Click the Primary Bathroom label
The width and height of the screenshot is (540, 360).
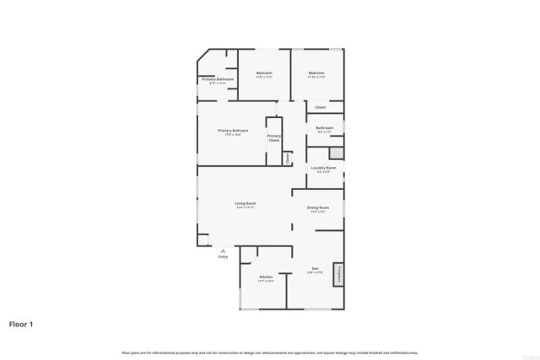pyautogui.click(x=218, y=79)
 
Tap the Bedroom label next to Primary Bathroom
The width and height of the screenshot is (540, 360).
pyautogui.click(x=263, y=73)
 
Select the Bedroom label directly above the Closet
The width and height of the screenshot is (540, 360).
pyautogui.click(x=316, y=73)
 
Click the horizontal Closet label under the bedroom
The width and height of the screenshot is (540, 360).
pyautogui.click(x=321, y=107)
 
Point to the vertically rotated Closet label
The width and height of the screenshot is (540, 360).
pyautogui.click(x=287, y=157)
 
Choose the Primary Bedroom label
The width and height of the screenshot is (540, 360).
pyautogui.click(x=233, y=131)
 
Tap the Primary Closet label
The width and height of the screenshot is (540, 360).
pyautogui.click(x=274, y=137)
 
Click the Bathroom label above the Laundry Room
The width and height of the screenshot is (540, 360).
pyautogui.click(x=325, y=128)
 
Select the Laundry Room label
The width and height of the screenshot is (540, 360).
pyautogui.click(x=324, y=168)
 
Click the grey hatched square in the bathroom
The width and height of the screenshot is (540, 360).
pyautogui.click(x=337, y=153)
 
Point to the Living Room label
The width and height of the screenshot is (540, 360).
pyautogui.click(x=246, y=203)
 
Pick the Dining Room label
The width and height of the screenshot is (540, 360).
pyautogui.click(x=318, y=207)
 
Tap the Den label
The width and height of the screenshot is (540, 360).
pyautogui.click(x=315, y=269)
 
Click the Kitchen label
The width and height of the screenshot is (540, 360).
pyautogui.click(x=266, y=276)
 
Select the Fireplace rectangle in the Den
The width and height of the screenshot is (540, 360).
pyautogui.click(x=339, y=273)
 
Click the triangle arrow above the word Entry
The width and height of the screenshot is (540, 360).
pyautogui.click(x=223, y=250)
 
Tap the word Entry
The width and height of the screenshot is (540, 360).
pyautogui.click(x=223, y=256)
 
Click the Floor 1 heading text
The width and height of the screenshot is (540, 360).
pyautogui.click(x=21, y=324)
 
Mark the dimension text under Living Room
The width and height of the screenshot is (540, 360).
pyautogui.click(x=246, y=207)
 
